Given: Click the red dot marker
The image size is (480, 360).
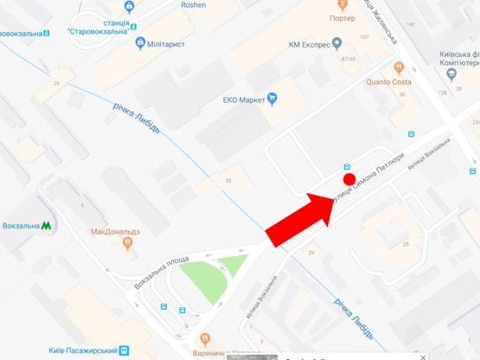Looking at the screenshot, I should click(x=349, y=180).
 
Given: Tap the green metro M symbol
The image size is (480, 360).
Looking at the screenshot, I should click(x=46, y=226).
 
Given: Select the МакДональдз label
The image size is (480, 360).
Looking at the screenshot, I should click(x=115, y=232).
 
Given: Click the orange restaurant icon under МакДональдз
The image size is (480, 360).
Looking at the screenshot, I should click(x=128, y=244).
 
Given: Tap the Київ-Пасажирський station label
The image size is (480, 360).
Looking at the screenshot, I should click(x=82, y=350).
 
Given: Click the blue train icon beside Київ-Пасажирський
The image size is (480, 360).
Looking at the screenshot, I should click(x=124, y=350).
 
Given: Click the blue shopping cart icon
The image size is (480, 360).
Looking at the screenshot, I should click(x=272, y=98).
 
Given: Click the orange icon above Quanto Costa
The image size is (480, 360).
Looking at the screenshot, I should click(x=399, y=67).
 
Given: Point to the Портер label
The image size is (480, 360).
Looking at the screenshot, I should click(x=342, y=18).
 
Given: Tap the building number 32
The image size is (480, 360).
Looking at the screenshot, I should click(x=228, y=181).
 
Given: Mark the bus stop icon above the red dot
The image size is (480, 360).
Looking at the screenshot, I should click(x=347, y=167).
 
